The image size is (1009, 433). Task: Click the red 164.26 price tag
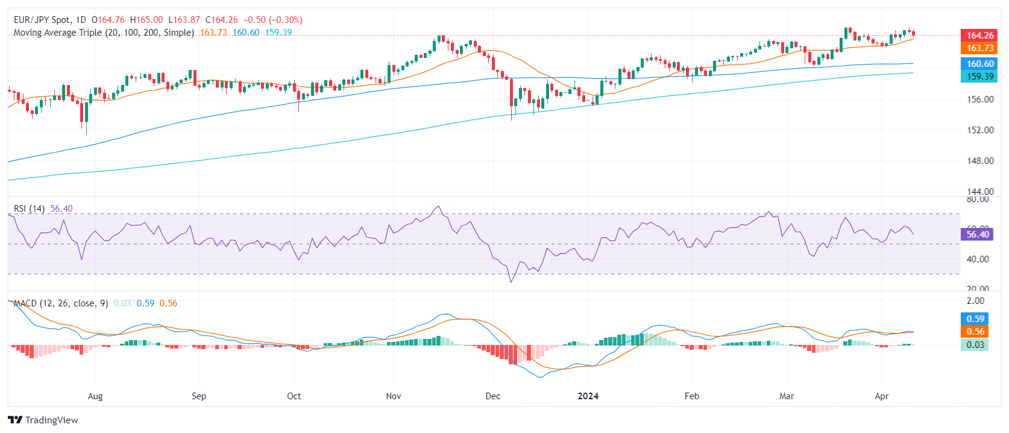[x=979, y=36]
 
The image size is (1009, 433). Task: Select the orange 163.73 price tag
[x=979, y=48]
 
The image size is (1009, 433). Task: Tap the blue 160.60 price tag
[x=979, y=64]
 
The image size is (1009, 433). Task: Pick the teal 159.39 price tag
[x=979, y=77]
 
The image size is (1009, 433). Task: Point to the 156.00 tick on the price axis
[x=980, y=100]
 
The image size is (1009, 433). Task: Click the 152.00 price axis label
[x=980, y=130]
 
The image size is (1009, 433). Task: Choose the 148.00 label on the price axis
[x=980, y=161]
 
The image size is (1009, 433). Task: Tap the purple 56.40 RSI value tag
[x=977, y=235]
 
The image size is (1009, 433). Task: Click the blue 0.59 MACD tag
[x=975, y=319]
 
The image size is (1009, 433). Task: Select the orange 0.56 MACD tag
[x=975, y=332]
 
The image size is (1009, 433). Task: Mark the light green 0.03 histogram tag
[x=975, y=345]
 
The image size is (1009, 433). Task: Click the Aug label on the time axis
[x=95, y=396]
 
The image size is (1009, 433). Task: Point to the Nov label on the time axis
[x=394, y=396]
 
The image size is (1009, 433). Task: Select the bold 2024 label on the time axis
[x=588, y=396]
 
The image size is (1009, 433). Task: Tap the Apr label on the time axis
[x=882, y=396]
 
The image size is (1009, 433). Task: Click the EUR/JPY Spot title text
[x=42, y=20]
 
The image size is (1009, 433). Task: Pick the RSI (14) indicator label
[x=29, y=209]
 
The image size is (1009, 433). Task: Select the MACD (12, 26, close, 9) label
[x=60, y=303]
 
